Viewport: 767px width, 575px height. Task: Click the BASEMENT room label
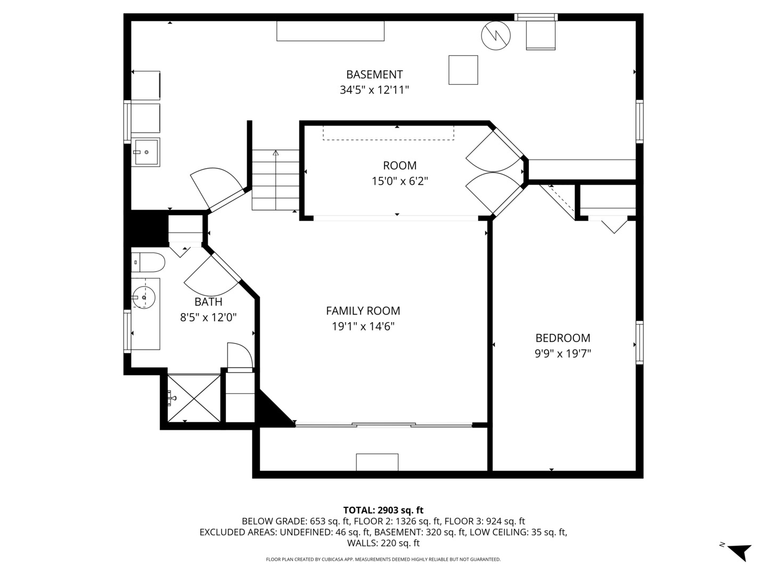(374, 75)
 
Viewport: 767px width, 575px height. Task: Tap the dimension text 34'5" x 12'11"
(374, 90)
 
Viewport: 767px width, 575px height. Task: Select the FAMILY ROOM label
(363, 311)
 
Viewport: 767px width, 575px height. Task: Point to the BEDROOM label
(562, 338)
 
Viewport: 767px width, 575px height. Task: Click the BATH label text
(208, 302)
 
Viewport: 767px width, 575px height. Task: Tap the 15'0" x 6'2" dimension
(399, 181)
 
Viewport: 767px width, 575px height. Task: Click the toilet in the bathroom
(149, 262)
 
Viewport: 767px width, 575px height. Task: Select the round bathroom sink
(144, 298)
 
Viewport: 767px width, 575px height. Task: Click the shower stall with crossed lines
(194, 398)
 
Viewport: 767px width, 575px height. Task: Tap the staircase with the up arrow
(275, 180)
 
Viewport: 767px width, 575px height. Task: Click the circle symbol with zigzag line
(496, 36)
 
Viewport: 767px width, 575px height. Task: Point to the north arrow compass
(738, 551)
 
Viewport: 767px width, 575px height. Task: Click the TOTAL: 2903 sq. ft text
(383, 510)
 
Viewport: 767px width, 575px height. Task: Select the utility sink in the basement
(145, 152)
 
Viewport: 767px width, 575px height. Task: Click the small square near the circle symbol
(463, 70)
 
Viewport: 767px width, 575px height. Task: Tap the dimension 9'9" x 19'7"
(562, 354)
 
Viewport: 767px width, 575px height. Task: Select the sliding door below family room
(383, 425)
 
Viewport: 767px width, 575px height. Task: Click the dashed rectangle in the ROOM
(388, 133)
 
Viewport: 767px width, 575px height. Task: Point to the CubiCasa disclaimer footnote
(383, 560)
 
